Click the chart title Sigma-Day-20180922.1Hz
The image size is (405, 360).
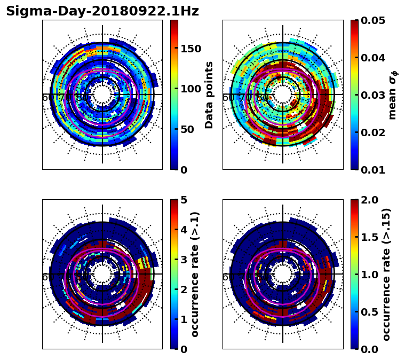(102, 11)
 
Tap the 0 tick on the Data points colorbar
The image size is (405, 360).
(184, 170)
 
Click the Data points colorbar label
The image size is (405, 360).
(209, 95)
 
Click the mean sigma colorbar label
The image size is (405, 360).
(393, 95)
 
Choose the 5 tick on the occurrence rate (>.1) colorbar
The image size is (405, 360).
(184, 200)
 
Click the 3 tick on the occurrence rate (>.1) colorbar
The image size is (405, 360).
(184, 260)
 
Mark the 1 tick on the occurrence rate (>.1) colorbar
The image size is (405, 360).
(184, 319)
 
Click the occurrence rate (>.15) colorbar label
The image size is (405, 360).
(386, 274)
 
